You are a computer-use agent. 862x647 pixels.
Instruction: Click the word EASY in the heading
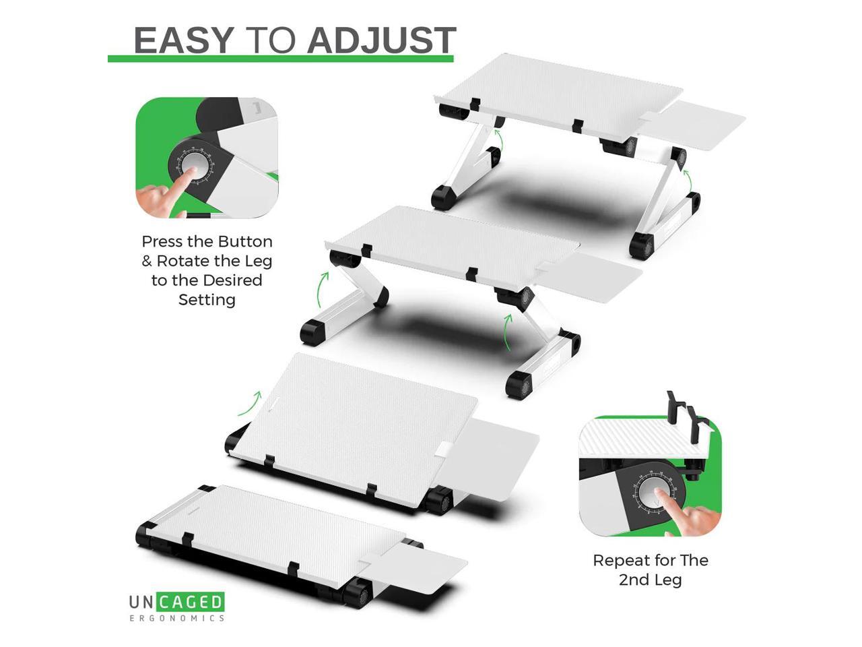[x=183, y=40]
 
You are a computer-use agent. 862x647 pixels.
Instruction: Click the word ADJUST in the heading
[x=381, y=40]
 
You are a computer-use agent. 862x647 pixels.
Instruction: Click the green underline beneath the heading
[x=281, y=59]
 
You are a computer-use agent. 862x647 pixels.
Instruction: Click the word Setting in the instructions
[x=207, y=299]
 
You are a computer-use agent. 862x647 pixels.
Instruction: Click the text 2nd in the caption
[x=633, y=580]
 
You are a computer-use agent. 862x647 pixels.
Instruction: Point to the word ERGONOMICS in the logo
[x=176, y=617]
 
